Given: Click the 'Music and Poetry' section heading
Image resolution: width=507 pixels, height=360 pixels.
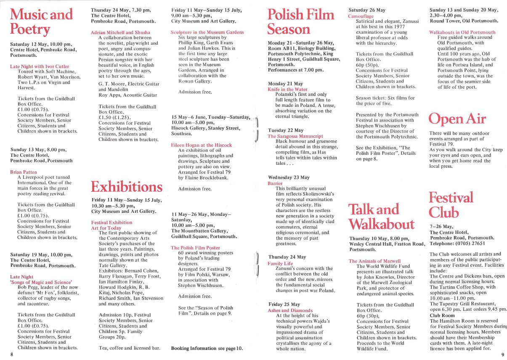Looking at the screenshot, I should [41, 22].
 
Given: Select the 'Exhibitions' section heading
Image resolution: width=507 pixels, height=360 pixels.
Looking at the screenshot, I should [126, 186].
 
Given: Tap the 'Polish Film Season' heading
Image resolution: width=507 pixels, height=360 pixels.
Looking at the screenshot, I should [301, 22].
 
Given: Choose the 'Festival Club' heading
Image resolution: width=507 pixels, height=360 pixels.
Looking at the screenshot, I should [451, 204].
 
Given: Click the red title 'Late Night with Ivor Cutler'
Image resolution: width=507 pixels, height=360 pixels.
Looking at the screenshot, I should [40, 66].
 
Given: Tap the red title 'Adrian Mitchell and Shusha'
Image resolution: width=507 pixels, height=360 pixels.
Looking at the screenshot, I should [120, 32].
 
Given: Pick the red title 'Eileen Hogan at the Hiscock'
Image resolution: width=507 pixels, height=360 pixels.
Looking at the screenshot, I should [201, 145].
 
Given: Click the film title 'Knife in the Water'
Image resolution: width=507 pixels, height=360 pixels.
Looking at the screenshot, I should [287, 90].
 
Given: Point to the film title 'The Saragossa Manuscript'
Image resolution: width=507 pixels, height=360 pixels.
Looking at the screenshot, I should [295, 136].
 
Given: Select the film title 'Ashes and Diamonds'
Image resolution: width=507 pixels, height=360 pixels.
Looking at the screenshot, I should [290, 310].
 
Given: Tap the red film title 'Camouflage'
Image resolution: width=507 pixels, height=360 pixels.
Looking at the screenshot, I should [361, 16].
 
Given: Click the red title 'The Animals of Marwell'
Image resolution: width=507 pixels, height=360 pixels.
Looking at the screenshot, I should [374, 261].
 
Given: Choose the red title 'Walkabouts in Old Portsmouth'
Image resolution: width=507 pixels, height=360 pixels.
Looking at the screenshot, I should [462, 32].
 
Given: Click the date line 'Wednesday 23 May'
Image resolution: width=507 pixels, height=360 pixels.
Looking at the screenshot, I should [289, 177].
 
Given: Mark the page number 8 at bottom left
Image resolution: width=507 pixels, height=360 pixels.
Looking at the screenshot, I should [12, 355].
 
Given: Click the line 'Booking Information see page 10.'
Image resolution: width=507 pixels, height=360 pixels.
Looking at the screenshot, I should [207, 348].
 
